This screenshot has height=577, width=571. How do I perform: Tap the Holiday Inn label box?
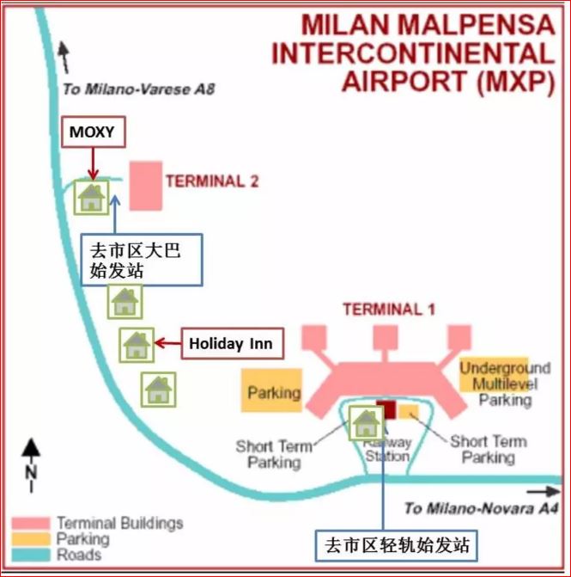click(230, 344)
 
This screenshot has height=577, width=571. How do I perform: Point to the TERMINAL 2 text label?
click(212, 181)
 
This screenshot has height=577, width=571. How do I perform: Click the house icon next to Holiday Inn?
click(137, 346)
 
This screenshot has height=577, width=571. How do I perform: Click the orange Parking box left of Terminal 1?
click(272, 391)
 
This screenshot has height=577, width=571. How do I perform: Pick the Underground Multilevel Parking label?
click(505, 384)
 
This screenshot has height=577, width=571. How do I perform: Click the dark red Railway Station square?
click(386, 409)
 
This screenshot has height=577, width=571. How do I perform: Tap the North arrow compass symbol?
click(31, 464)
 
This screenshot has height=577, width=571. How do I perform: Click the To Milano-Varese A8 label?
click(137, 89)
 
